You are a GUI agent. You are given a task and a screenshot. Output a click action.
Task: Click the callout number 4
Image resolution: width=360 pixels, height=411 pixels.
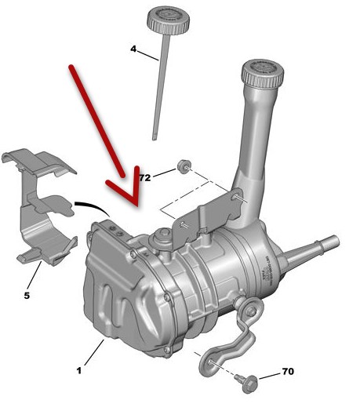coord(133,49)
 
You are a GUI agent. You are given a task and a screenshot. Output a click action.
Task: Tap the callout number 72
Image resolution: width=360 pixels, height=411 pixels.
coord(145,178)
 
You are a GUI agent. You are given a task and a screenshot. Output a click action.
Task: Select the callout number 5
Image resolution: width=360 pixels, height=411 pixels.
coord(27,296)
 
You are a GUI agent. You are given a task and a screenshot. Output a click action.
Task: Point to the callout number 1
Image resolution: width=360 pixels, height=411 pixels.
coord(79,371)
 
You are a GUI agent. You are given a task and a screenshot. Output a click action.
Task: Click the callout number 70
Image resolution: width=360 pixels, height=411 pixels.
coord(288,372)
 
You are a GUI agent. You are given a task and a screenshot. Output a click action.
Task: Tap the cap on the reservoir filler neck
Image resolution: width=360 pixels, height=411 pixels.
coord(263,73)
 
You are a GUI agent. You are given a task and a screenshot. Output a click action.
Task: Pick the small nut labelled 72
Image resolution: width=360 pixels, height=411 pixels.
coord(184,166)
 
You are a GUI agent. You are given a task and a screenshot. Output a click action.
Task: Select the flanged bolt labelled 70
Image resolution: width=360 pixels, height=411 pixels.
coord(248,384)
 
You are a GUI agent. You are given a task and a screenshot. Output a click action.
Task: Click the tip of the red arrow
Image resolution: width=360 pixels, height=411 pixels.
coord(137,206)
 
